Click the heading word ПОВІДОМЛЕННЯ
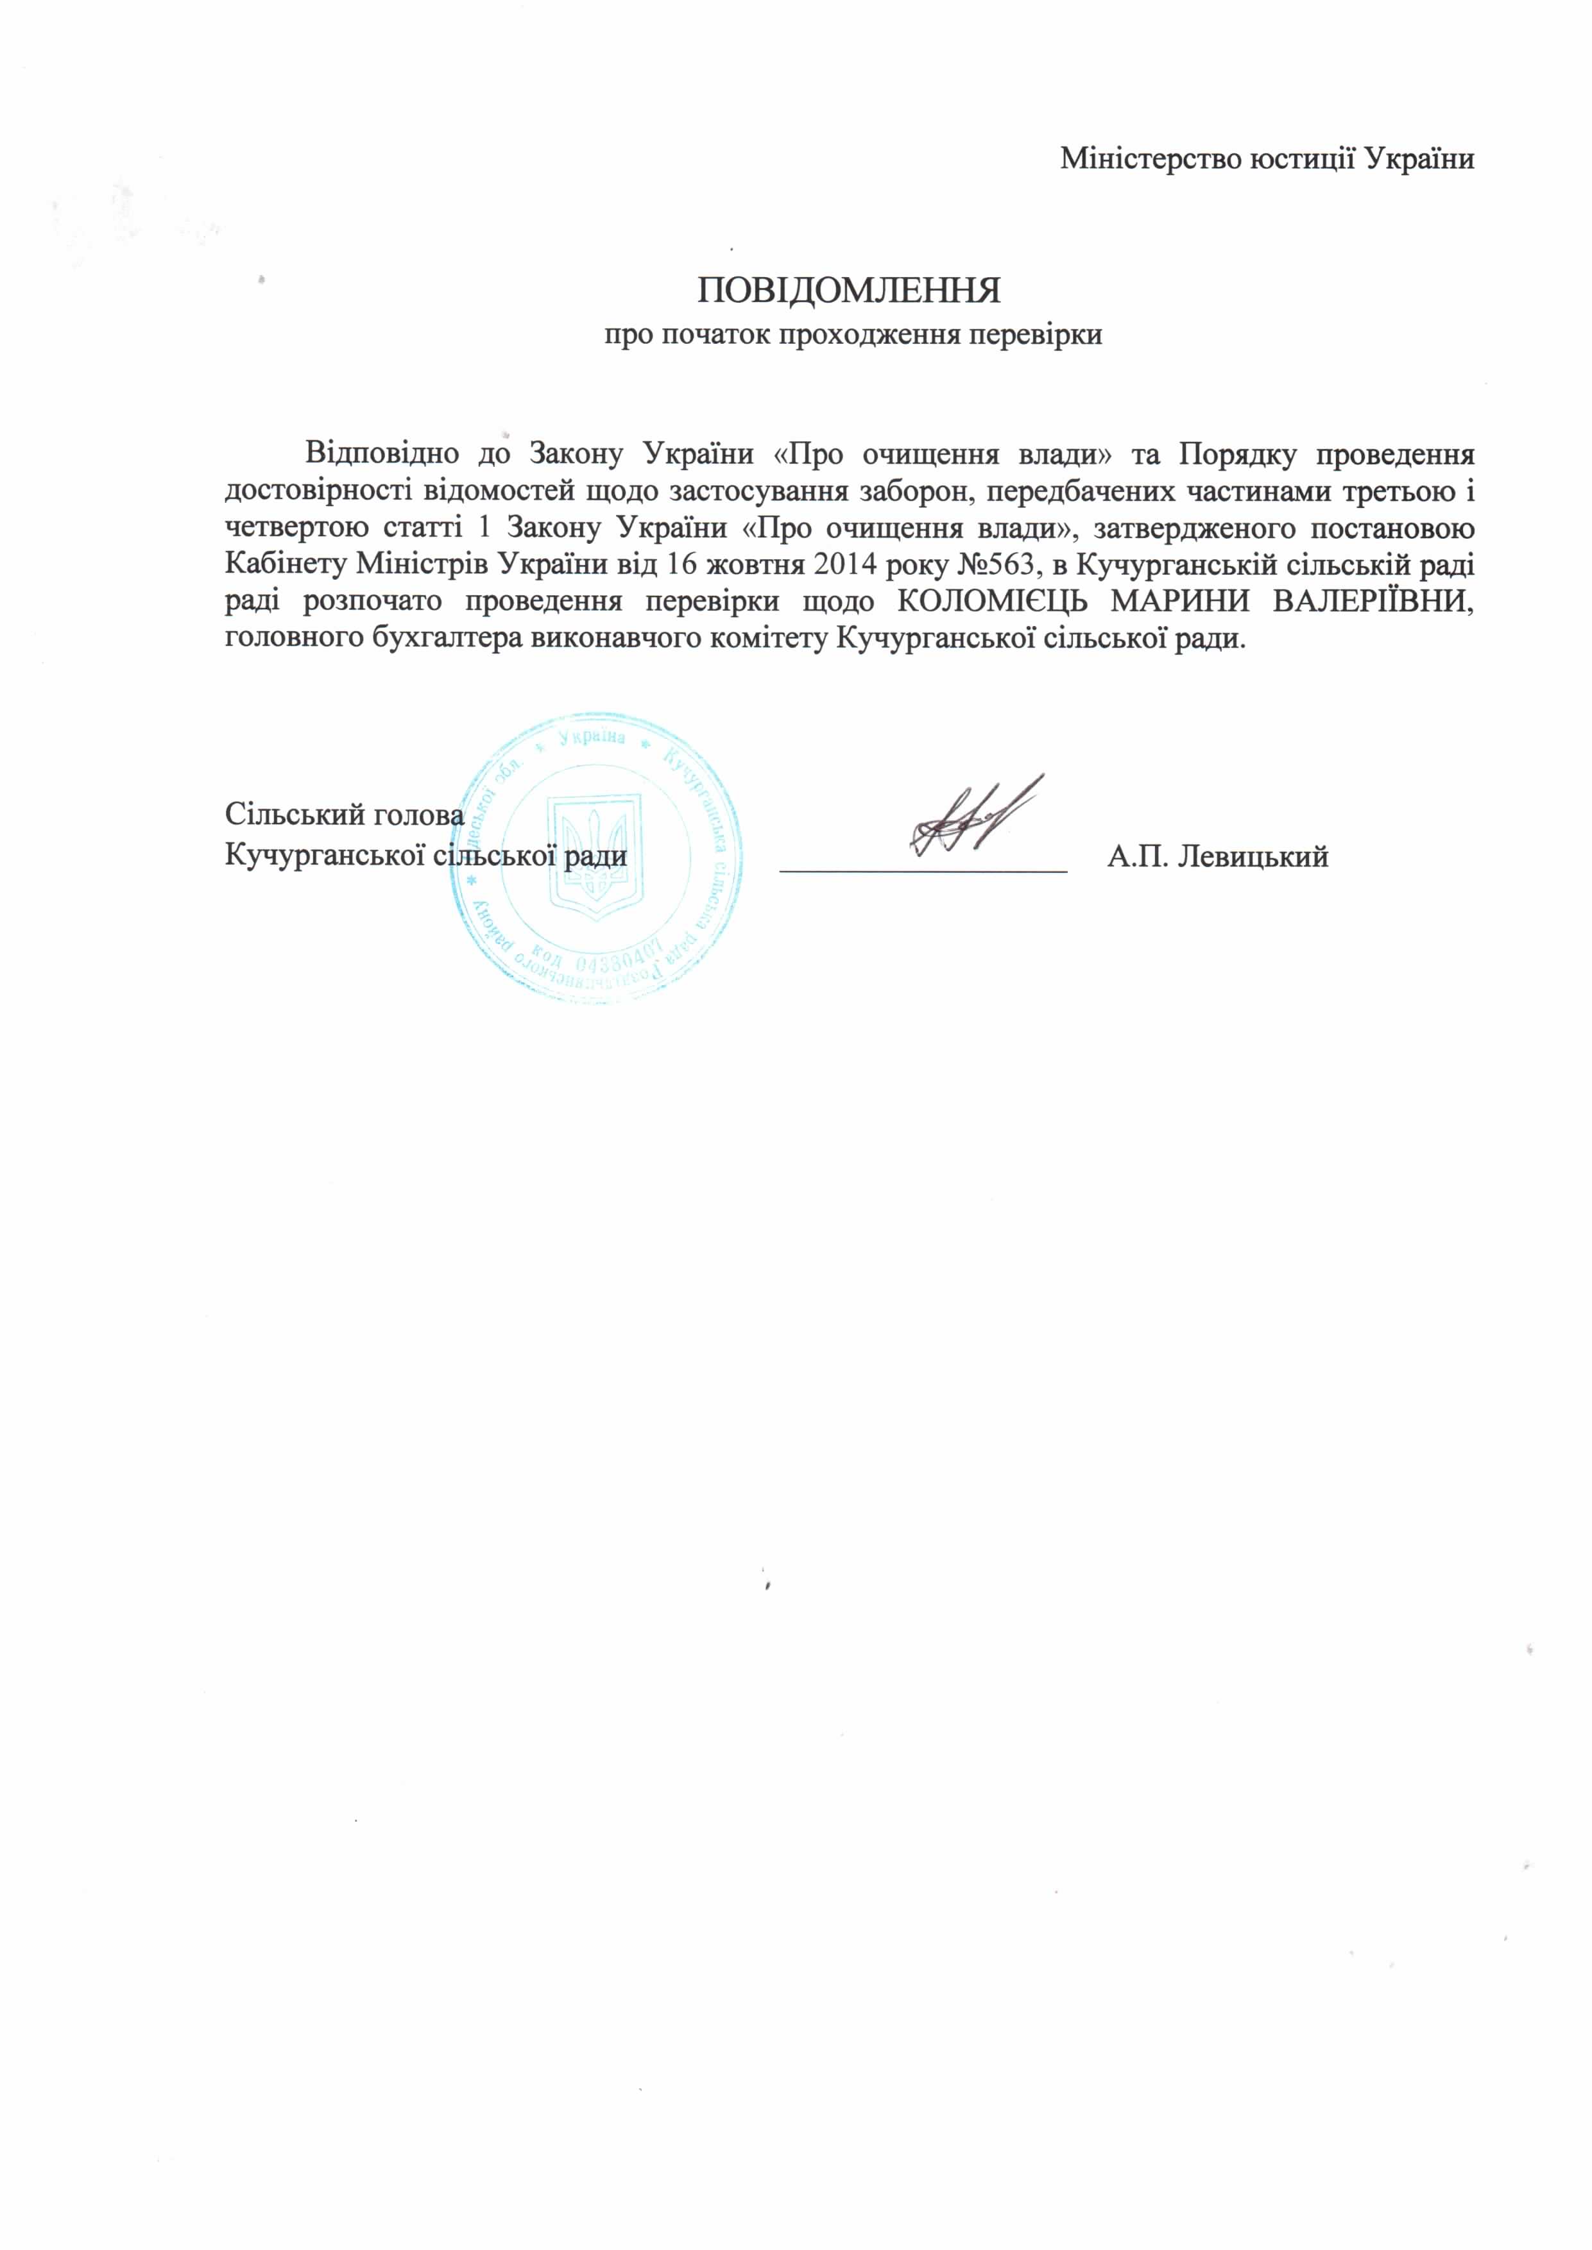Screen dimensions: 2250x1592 pos(849,291)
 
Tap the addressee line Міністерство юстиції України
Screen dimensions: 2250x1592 pos(1267,159)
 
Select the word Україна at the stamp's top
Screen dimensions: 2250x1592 pos(591,737)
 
